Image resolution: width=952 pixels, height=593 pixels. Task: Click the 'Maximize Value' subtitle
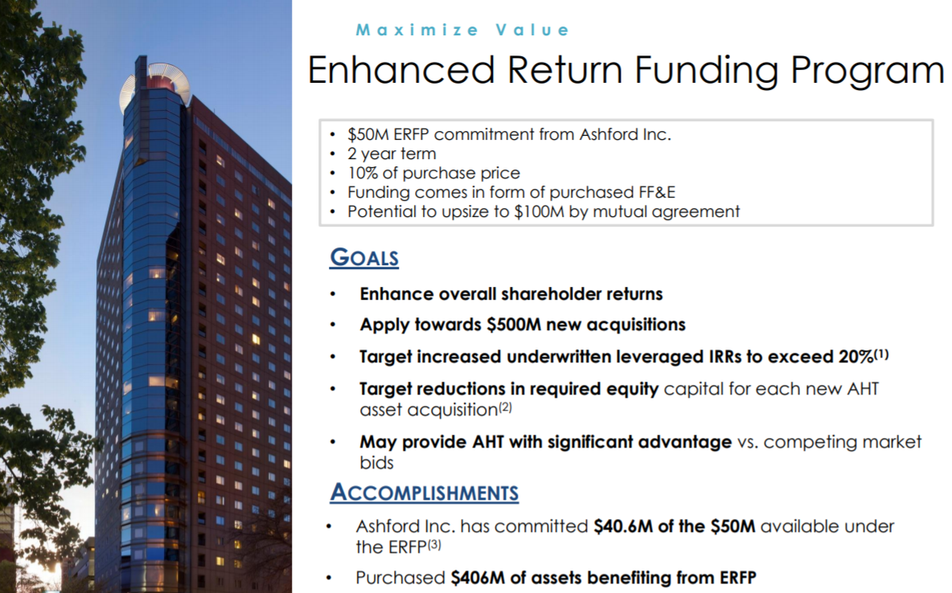pos(462,30)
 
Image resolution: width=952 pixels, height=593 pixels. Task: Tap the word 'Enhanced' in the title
pos(401,70)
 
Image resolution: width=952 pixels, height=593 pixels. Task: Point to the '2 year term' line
pos(392,153)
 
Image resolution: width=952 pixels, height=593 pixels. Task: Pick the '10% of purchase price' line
pos(433,173)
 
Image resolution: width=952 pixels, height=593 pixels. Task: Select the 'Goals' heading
pos(364,257)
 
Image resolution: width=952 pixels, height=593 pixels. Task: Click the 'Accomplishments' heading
pos(425,493)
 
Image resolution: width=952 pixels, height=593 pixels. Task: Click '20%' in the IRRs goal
pos(856,357)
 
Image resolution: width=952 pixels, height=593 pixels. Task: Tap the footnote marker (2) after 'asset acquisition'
pos(505,407)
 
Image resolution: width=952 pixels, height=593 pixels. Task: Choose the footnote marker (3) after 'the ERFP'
pos(434,545)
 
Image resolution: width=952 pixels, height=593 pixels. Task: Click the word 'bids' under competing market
pos(376,463)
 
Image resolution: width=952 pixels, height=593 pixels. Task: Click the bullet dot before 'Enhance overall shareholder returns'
pos(333,294)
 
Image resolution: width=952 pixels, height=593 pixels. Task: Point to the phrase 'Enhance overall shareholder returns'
pos(511,294)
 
